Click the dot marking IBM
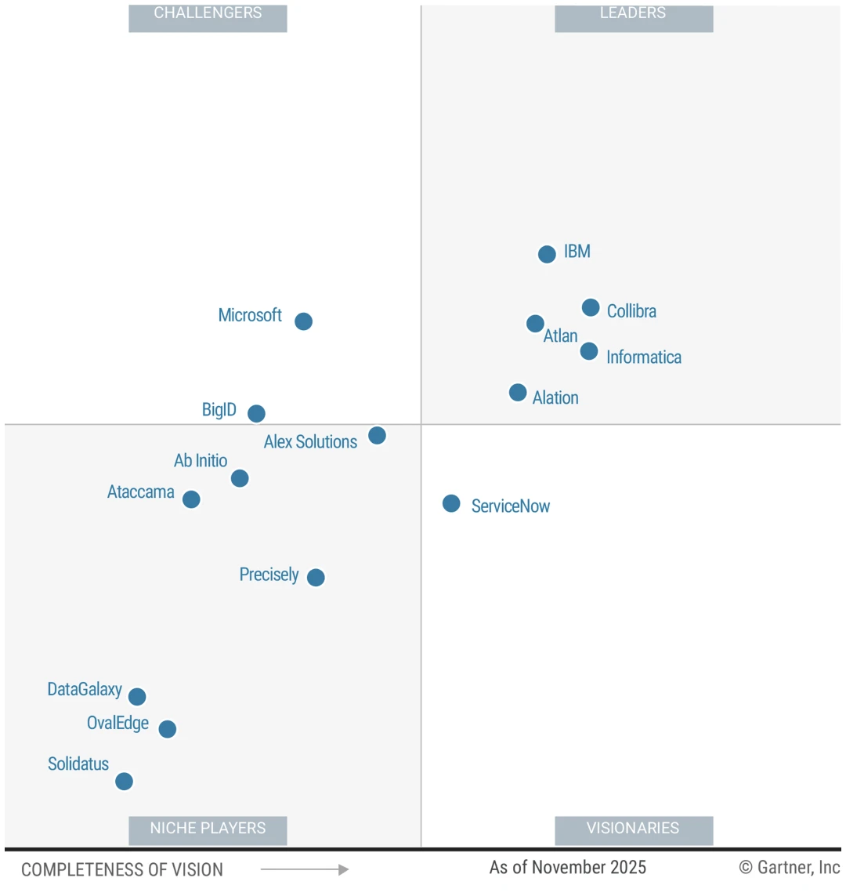[547, 254]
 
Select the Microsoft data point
[303, 321]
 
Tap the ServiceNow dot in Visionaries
[451, 503]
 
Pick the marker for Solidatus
[124, 782]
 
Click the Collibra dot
[591, 307]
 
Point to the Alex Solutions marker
[377, 435]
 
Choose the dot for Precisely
[316, 578]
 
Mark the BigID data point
[256, 413]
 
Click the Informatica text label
[643, 357]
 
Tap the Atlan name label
[560, 336]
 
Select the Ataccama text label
[141, 492]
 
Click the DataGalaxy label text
[85, 690]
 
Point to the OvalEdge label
[117, 723]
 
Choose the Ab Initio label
[201, 461]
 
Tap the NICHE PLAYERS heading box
[208, 829]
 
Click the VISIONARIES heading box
[633, 829]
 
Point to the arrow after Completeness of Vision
[305, 869]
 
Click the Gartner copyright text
[789, 867]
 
